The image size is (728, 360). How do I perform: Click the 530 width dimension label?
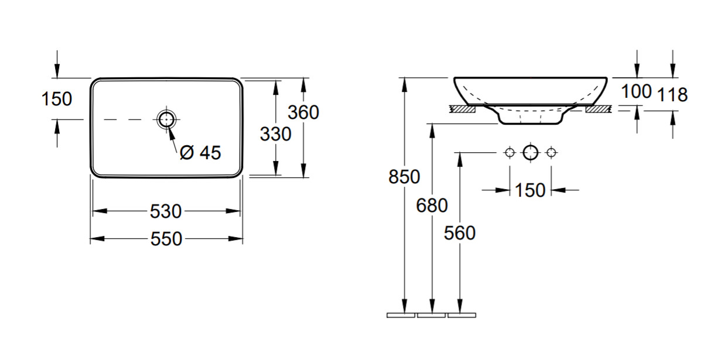pos(165,211)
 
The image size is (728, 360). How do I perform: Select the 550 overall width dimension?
pos(166,239)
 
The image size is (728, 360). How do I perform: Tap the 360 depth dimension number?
pos(303,112)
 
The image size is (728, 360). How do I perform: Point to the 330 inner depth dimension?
pos(275,134)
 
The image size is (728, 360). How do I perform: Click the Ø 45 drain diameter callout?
pos(200,153)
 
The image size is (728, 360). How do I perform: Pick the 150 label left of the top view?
pos(57,99)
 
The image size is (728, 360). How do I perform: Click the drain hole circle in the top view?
pos(166,119)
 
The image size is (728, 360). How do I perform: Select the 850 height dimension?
pos(404,177)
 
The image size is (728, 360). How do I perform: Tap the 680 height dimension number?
pos(432,205)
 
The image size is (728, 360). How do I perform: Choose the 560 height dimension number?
pos(460,233)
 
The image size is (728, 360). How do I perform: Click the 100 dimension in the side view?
pos(636,91)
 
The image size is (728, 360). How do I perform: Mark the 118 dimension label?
pos(672,95)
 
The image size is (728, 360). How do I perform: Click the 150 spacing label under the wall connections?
pos(530,190)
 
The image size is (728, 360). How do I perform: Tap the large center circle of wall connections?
pos(531,152)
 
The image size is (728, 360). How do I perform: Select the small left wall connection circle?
pos(510,152)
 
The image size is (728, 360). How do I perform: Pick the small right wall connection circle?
pos(551,152)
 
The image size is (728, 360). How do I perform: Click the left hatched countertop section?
pos(463,109)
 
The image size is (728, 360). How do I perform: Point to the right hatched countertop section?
pos(598,109)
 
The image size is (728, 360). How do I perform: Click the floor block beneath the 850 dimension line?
pos(401,315)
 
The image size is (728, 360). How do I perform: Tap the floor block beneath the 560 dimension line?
pos(462,315)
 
